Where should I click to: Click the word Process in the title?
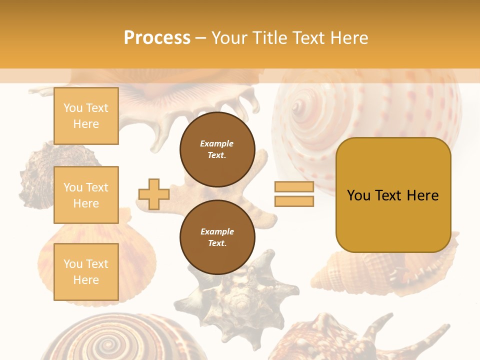click(x=157, y=38)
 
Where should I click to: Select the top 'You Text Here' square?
click(x=86, y=116)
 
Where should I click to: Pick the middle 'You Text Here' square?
click(x=86, y=195)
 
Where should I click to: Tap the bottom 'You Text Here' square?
click(x=86, y=271)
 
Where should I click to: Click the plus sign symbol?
click(x=153, y=194)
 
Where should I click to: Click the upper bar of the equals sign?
click(x=294, y=187)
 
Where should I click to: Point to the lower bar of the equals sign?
click(x=294, y=201)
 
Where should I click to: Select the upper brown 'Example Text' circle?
click(x=217, y=149)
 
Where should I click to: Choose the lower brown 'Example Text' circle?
click(x=217, y=237)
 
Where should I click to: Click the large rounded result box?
click(x=393, y=195)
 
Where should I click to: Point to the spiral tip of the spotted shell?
click(x=298, y=106)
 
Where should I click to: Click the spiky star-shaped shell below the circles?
click(x=235, y=295)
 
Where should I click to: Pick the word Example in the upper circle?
click(x=217, y=143)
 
